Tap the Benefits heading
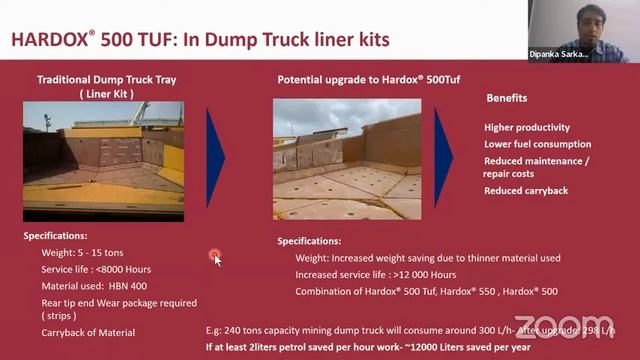(506, 98)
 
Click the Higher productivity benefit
(527, 127)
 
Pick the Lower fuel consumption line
(537, 144)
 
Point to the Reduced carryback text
(526, 190)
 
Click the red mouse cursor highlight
(215, 257)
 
